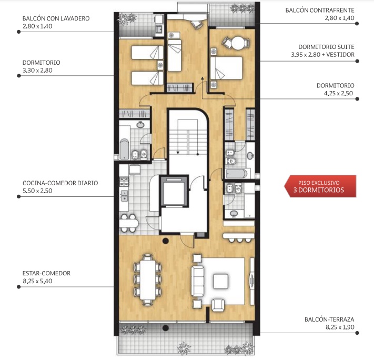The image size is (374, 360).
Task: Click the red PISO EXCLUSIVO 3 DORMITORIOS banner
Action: pos(320,186)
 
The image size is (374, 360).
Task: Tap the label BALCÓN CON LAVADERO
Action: pos(56,18)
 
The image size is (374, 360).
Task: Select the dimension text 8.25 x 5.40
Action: pos(37,281)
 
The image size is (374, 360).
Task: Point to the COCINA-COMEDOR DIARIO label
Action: pos(60,183)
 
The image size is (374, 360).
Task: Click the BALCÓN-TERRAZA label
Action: pos(329,319)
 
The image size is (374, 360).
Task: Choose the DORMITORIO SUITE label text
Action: pos(326,47)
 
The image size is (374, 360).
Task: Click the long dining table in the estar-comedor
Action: pos(148,279)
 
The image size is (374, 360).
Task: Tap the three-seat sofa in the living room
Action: pos(198,282)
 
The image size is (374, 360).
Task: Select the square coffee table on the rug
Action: pos(220,282)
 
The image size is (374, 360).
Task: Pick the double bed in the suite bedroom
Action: pos(226,68)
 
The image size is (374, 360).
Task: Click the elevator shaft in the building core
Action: pos(174,191)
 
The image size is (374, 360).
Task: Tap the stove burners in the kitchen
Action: pos(124,182)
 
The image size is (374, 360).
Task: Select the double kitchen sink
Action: pos(125,195)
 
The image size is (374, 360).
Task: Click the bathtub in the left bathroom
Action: pos(125,149)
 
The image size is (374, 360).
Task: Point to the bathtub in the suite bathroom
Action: pos(237,174)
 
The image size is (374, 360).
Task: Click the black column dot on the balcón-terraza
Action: pos(166,328)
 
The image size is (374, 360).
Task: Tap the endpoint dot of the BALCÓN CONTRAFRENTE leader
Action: pos(357,23)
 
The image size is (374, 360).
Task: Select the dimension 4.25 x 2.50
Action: pos(338,93)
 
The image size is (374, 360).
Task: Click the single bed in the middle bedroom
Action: pos(175,56)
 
